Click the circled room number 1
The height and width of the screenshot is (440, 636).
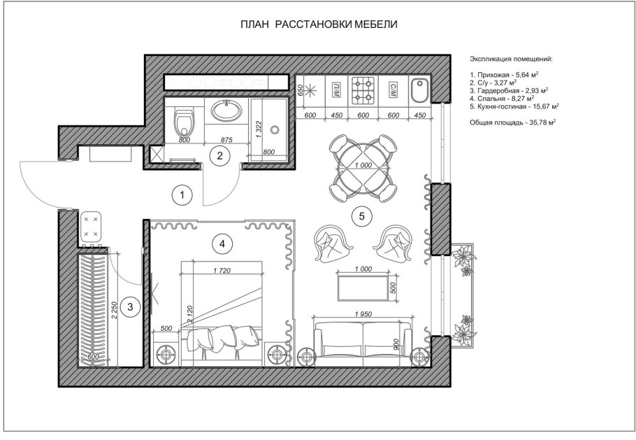[x=182, y=195]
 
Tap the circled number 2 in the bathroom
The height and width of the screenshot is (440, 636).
[x=220, y=155]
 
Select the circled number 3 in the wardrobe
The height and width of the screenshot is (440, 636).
[x=130, y=306]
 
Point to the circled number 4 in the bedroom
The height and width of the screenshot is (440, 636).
[x=222, y=243]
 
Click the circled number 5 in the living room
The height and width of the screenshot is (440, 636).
[x=362, y=216]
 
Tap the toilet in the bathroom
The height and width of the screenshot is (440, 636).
[x=185, y=121]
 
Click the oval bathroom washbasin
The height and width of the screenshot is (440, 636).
[x=226, y=110]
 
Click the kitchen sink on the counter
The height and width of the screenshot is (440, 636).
[x=419, y=91]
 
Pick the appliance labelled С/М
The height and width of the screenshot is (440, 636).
[x=393, y=88]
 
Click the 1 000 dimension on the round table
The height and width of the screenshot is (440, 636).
[x=363, y=165]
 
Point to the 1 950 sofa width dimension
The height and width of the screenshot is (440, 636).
[x=363, y=314]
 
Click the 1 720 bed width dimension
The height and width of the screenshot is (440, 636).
[x=222, y=270]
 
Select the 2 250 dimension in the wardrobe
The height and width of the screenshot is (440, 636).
[x=114, y=310]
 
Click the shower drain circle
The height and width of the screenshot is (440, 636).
[x=275, y=130]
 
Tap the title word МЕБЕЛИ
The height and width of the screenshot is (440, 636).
[x=376, y=24]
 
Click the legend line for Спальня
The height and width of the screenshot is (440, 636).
[x=502, y=98]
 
